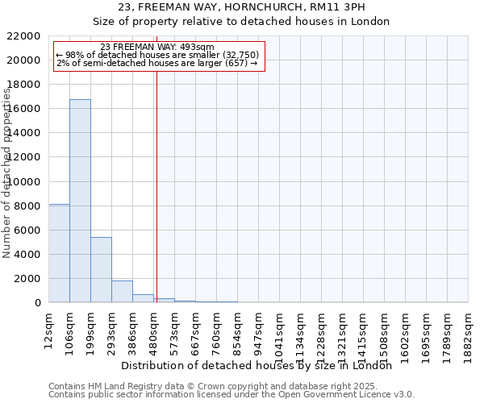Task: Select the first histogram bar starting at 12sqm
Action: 59,253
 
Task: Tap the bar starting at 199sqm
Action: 101,270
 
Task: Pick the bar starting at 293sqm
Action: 122,292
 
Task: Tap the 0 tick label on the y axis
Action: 38,302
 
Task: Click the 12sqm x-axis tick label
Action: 49,326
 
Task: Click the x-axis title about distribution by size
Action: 257,365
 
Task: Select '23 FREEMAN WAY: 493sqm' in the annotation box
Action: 158,47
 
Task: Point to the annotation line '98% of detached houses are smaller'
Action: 158,55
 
